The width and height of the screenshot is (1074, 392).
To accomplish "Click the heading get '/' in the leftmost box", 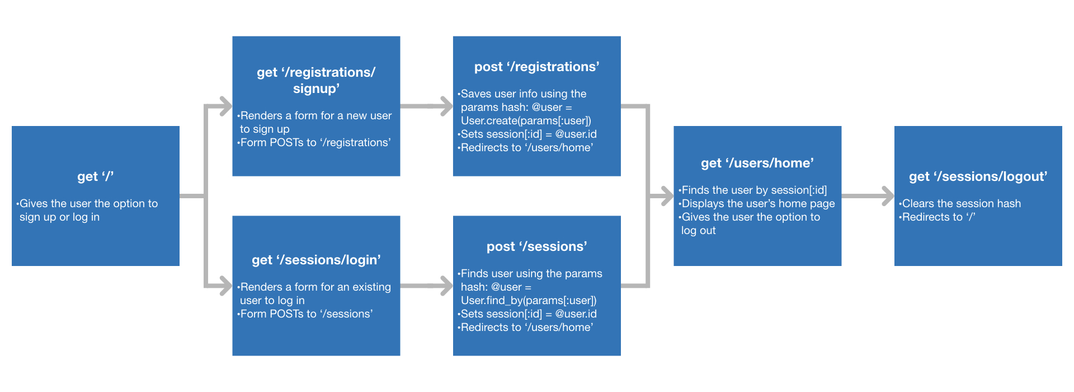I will point(95,176).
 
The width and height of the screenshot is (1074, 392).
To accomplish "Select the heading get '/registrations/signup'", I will point(316,80).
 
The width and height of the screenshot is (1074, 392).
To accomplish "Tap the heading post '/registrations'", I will point(536,67).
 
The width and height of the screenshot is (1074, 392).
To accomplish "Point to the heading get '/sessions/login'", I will point(316,260).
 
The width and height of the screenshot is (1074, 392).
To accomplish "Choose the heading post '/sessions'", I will point(536,246).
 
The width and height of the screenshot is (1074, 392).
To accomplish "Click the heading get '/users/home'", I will point(757,163).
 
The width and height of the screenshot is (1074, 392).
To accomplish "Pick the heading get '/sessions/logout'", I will point(978,176).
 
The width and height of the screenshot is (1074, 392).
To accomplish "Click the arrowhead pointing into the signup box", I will point(225,106).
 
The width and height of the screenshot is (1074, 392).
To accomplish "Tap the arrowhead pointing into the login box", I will point(225,286).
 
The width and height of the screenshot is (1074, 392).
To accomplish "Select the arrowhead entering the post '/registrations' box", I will point(446,106).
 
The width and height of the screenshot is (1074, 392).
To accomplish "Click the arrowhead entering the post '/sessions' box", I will point(446,286).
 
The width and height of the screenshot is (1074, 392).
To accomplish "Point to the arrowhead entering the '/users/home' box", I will point(667,196).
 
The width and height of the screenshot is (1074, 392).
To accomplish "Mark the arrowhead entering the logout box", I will point(888,196).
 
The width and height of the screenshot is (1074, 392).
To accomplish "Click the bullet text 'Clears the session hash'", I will point(961,203).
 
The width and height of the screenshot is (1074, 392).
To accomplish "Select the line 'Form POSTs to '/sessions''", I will point(306,314).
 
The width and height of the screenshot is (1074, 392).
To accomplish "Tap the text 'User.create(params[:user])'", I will point(526,120).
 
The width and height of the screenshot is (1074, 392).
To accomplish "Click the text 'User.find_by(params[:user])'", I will point(529,300).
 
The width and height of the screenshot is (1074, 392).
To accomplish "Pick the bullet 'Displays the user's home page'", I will point(758,203).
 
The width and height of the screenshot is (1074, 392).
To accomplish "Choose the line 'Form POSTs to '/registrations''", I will point(315,142).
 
